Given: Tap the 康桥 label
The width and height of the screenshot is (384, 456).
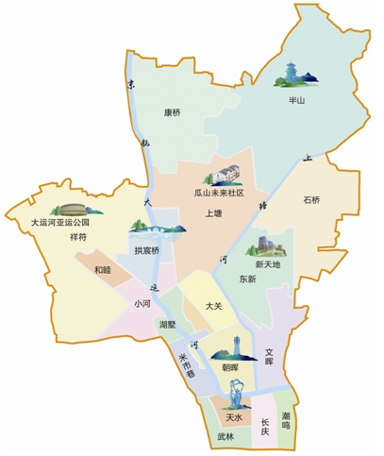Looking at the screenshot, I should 173,112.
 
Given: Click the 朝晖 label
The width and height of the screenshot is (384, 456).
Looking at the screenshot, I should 229,368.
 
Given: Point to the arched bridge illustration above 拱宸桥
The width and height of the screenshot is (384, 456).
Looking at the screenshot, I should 151,230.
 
